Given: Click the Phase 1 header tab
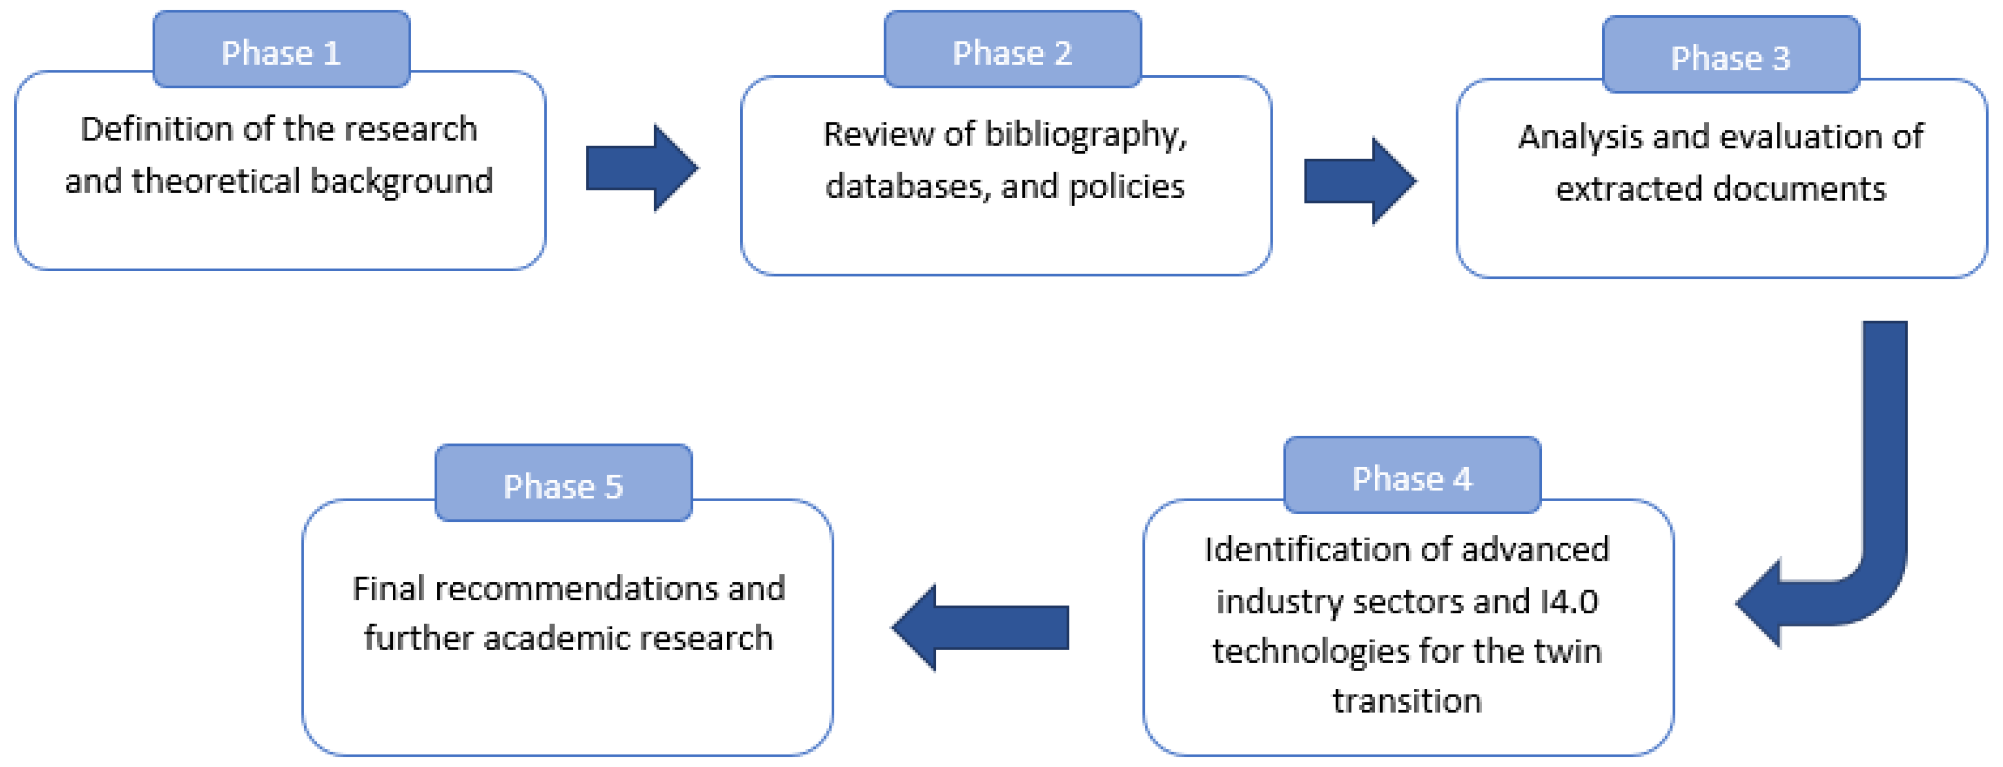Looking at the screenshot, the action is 281,50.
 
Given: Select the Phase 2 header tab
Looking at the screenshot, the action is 1012,50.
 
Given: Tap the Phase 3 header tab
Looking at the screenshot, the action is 1731,55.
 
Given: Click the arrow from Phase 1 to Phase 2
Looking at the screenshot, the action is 642,168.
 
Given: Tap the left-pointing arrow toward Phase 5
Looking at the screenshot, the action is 981,627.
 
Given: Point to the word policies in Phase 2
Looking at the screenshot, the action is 1126,187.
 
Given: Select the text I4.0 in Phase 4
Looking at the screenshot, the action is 1569,601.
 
